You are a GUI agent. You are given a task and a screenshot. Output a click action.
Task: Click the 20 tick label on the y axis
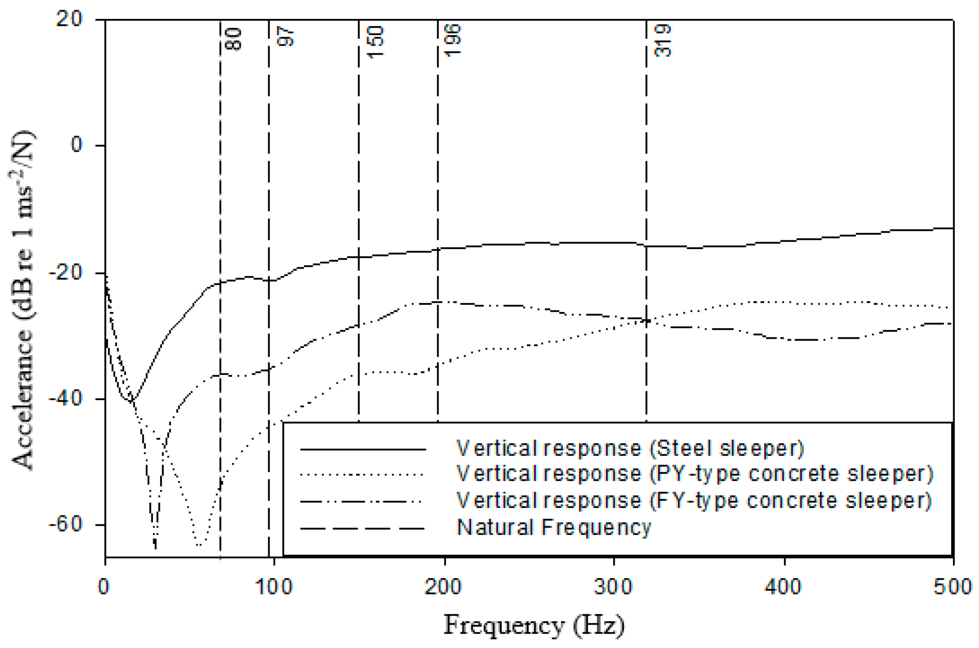(69, 19)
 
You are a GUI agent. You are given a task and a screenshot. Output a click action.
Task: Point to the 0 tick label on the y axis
(77, 145)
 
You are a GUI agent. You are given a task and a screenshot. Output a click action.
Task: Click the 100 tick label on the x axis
(274, 587)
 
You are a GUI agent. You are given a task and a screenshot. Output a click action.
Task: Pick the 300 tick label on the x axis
(613, 587)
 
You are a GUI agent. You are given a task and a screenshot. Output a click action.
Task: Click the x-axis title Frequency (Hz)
(534, 625)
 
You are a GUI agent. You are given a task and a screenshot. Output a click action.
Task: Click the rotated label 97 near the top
(286, 37)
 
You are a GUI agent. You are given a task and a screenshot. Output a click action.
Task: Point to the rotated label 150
(376, 42)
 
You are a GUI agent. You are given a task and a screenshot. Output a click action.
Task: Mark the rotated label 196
(452, 41)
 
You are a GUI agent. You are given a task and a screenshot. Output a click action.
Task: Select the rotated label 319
(663, 41)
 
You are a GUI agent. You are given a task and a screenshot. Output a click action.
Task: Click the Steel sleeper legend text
(630, 449)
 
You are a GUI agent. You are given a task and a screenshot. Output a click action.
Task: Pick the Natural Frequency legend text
(554, 527)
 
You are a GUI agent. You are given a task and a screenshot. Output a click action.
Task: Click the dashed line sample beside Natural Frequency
(362, 528)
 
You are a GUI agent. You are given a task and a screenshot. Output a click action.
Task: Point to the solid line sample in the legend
(362, 449)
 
